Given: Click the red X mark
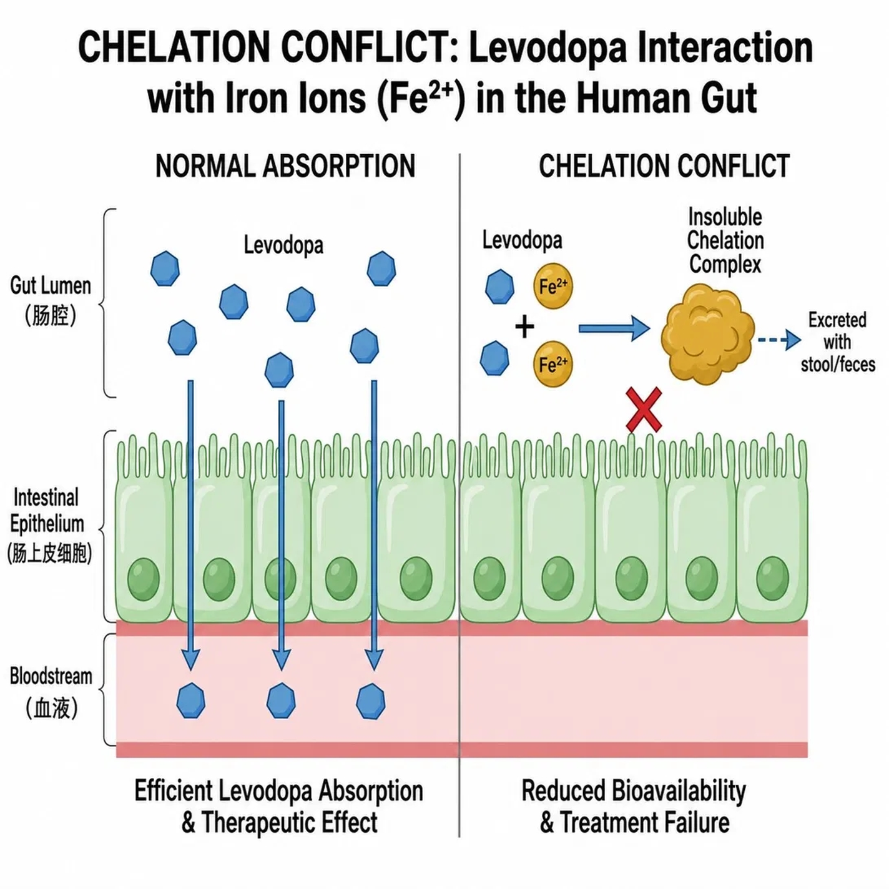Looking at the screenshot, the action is (644, 409).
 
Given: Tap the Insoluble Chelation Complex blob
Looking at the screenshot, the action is (707, 333).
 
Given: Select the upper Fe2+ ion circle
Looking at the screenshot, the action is (553, 286).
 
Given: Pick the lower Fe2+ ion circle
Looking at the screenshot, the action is (553, 363).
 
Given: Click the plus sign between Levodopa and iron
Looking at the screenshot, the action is (524, 328).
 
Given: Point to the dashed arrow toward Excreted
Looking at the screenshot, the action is (779, 340).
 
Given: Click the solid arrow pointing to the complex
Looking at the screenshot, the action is (614, 328).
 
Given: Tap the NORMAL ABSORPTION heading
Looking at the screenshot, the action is (285, 166).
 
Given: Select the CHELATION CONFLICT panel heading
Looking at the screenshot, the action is (664, 166).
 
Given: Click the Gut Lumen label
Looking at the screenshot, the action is (51, 300).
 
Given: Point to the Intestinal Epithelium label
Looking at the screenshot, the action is (49, 524).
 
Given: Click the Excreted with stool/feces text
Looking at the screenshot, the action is (837, 342).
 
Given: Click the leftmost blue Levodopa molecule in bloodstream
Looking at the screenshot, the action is (191, 700).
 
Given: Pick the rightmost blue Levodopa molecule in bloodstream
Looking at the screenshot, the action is (370, 701).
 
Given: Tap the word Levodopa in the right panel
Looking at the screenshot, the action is (523, 241).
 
